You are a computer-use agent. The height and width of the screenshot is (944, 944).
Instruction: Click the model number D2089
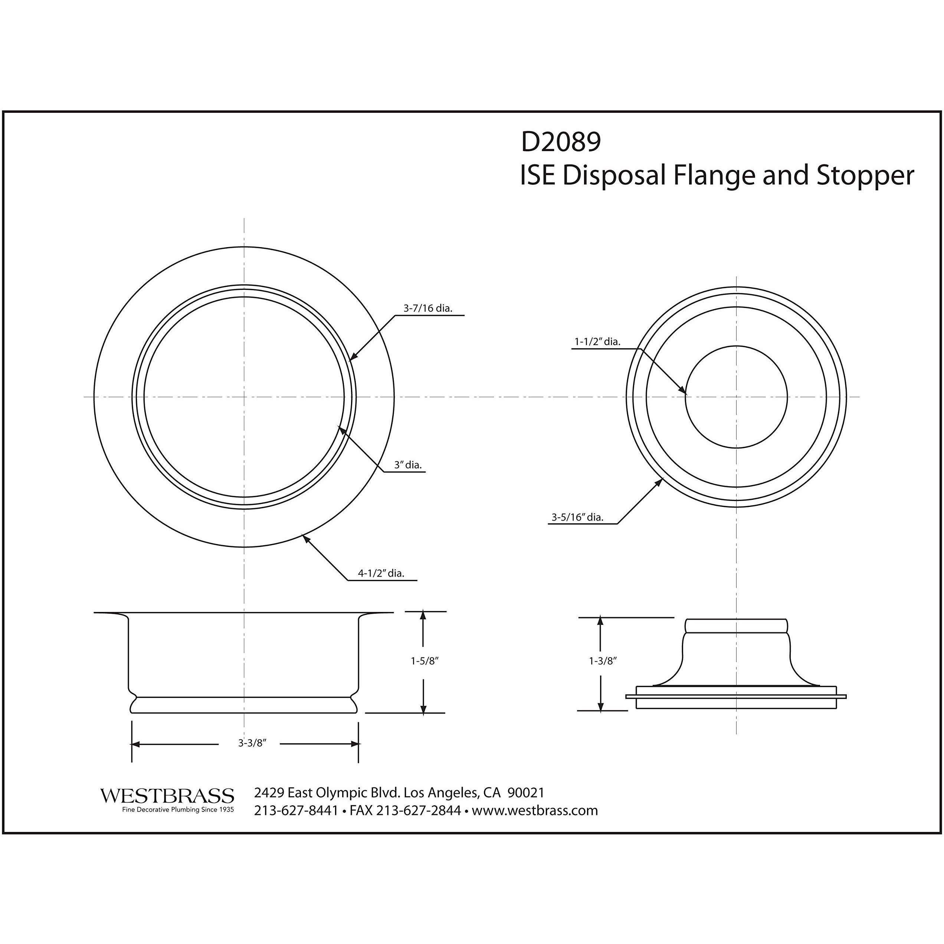(561, 142)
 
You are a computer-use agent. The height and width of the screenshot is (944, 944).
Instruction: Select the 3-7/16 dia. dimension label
(427, 308)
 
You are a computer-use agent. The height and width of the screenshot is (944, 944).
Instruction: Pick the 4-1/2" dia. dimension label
(381, 573)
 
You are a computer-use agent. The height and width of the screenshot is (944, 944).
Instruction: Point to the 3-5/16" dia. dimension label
(577, 517)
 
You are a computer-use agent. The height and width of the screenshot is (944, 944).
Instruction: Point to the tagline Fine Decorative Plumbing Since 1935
(178, 810)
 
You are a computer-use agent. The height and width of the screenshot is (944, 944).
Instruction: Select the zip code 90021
(526, 793)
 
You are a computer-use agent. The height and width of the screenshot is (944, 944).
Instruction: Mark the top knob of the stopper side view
(736, 625)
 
